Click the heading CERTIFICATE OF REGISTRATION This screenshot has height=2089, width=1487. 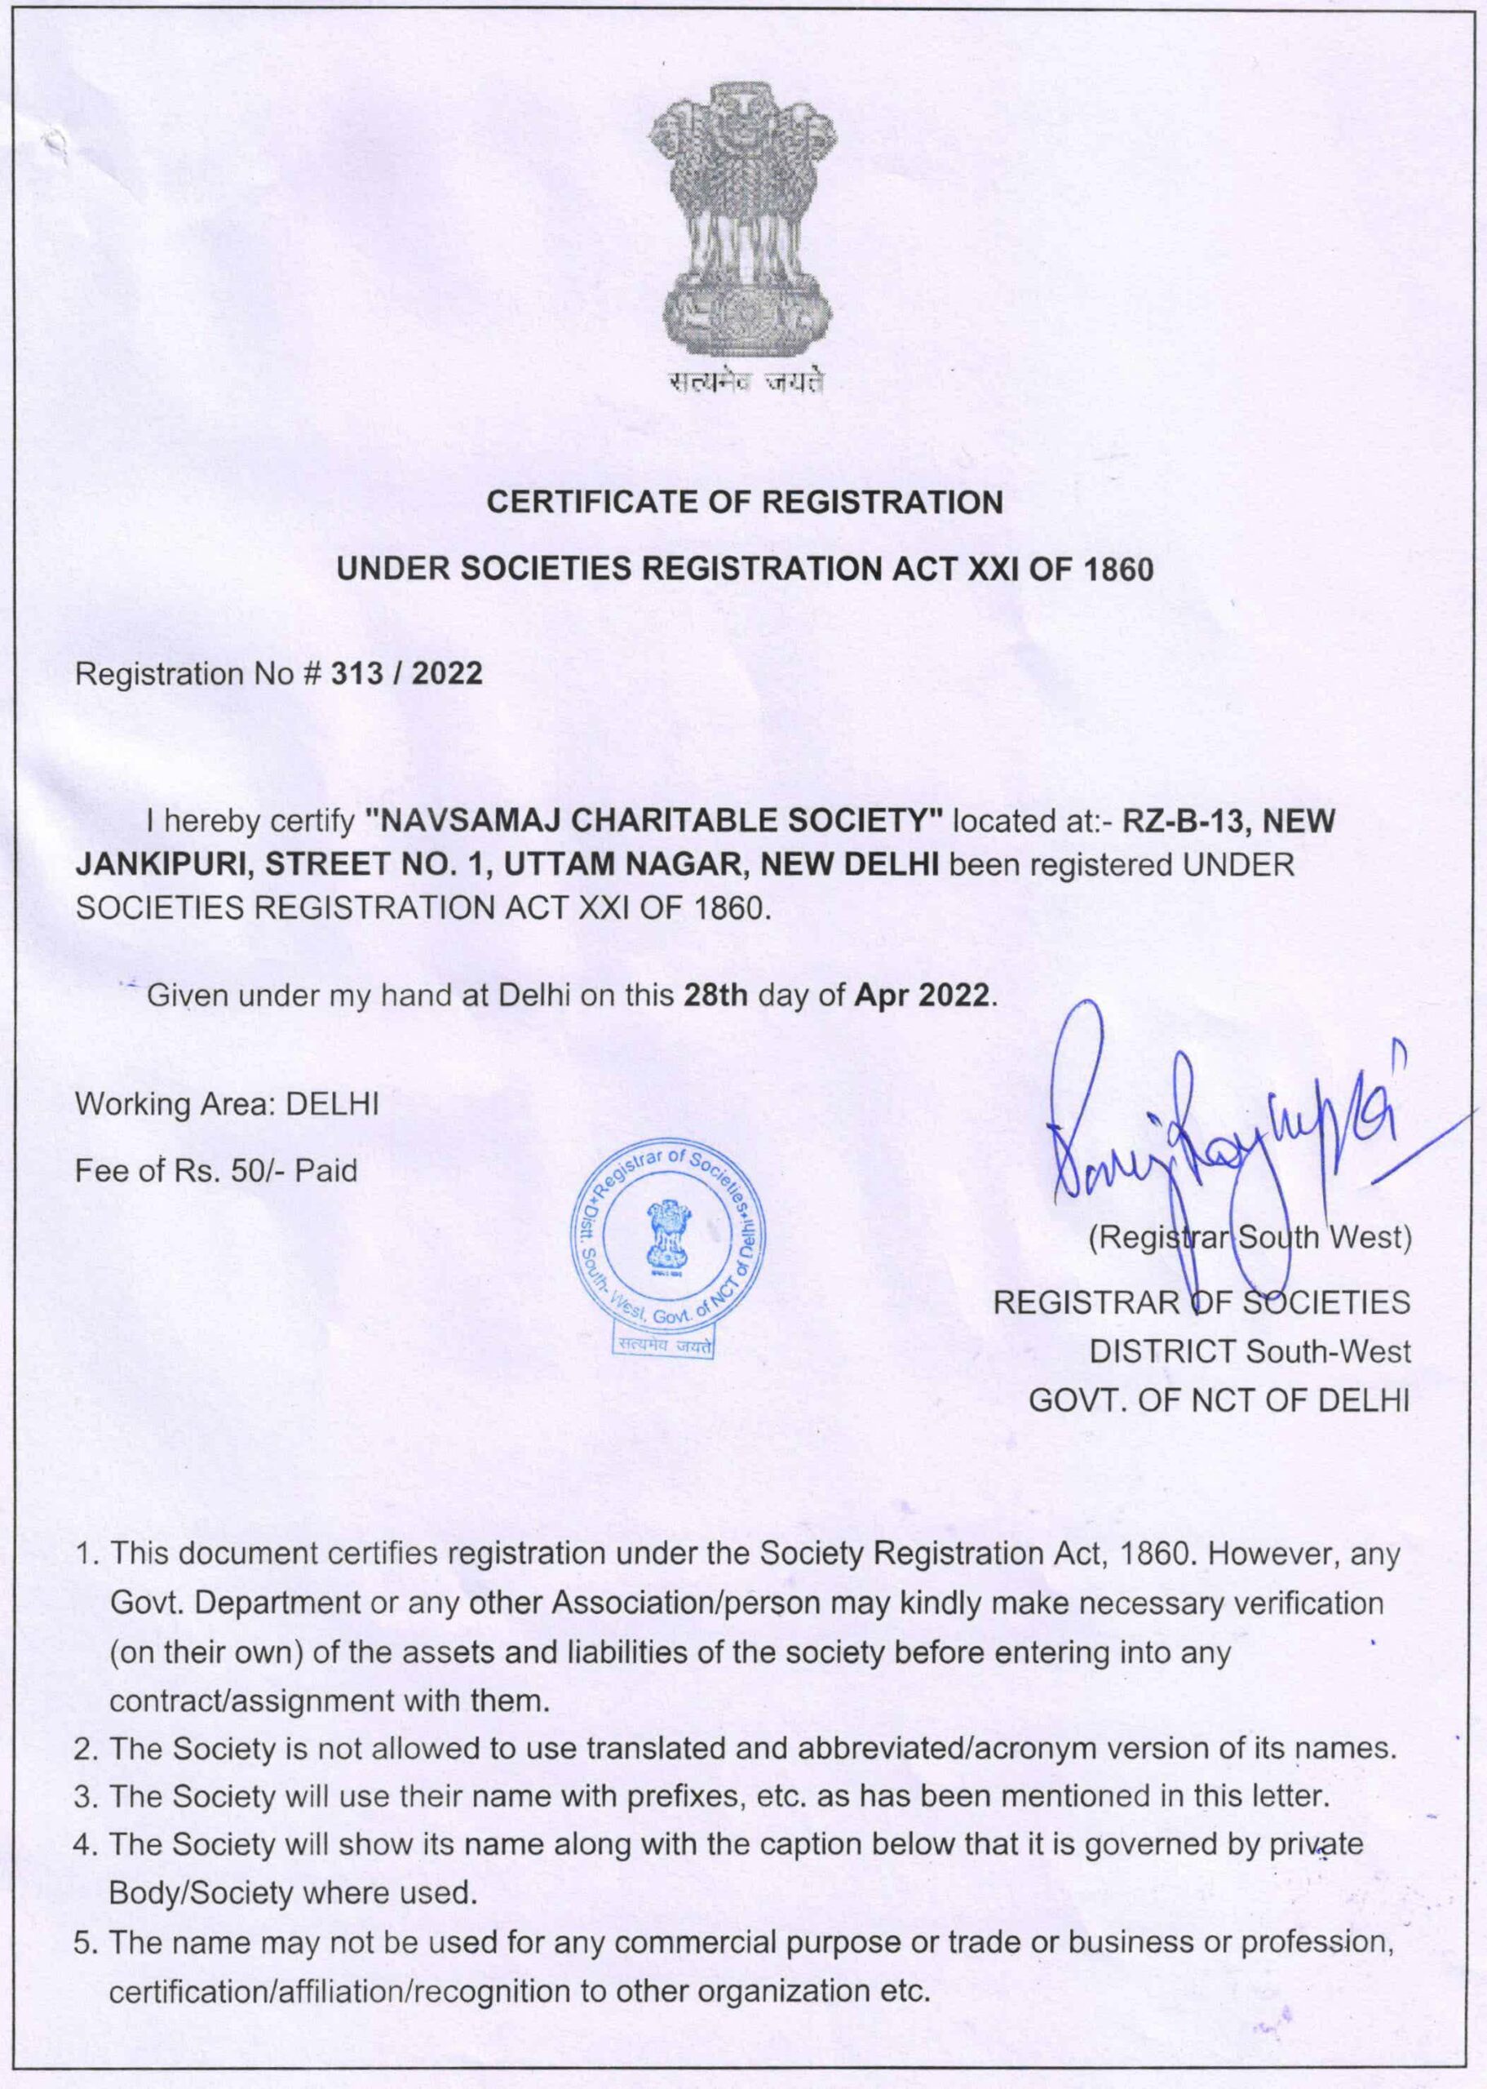click(x=745, y=502)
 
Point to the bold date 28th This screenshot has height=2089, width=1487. click(x=717, y=996)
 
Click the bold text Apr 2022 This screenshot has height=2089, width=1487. click(x=921, y=996)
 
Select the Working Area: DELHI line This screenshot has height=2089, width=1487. click(x=227, y=1105)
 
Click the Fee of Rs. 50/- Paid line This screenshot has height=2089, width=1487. click(x=216, y=1170)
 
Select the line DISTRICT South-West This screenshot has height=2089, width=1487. click(x=1250, y=1351)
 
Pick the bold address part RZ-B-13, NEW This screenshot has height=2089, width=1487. click(x=1228, y=821)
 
